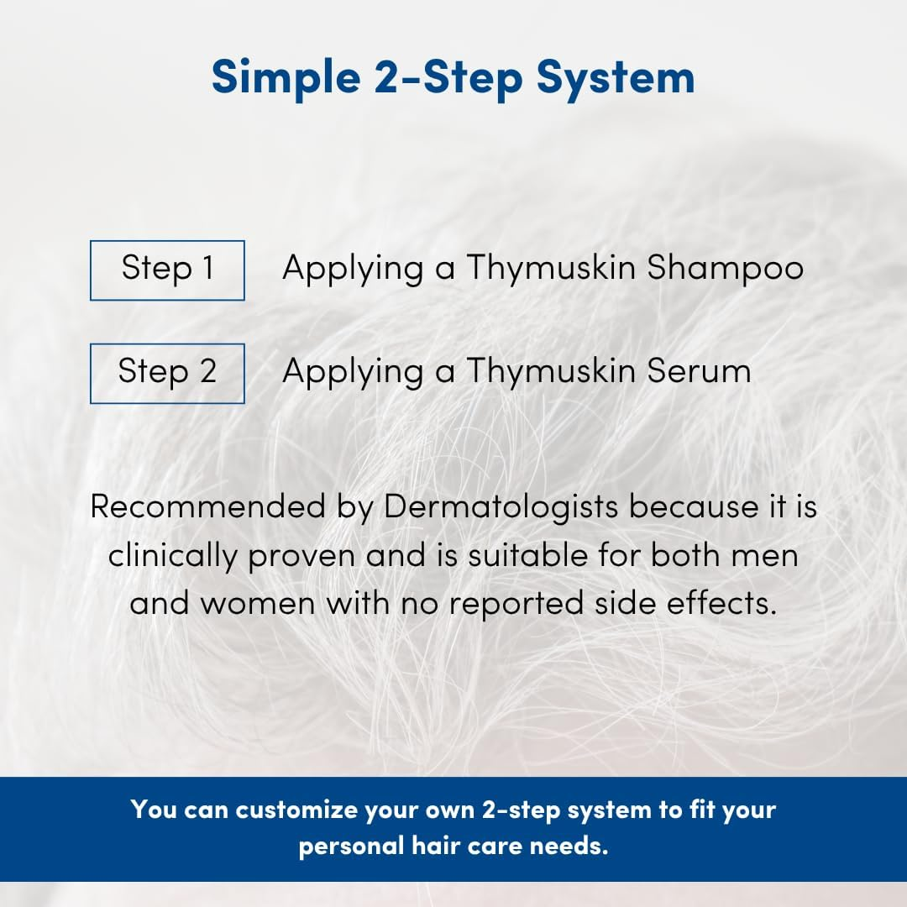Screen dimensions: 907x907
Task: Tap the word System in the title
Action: click(x=616, y=78)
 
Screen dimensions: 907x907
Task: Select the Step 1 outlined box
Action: click(x=167, y=270)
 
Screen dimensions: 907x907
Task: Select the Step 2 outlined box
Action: click(x=167, y=373)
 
